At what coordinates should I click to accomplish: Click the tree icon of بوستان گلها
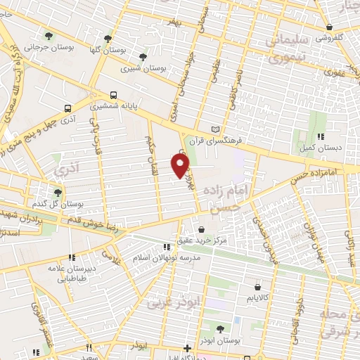pyautogui.click(x=108, y=39)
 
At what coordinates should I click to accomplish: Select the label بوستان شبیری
pyautogui.click(x=141, y=69)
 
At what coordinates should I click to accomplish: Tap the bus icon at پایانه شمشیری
pyautogui.click(x=112, y=94)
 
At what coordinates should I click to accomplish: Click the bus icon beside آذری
pyautogui.click(x=67, y=108)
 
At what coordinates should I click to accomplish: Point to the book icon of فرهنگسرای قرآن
pyautogui.click(x=215, y=129)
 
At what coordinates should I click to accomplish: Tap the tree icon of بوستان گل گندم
pyautogui.click(x=58, y=191)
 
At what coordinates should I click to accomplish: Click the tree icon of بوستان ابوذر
pyautogui.click(x=219, y=328)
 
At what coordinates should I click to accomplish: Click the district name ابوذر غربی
pyautogui.click(x=167, y=304)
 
